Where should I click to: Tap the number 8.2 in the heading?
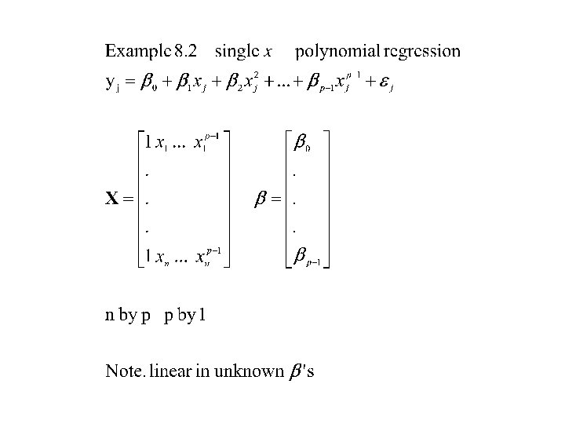tap(187, 53)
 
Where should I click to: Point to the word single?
tap(240, 53)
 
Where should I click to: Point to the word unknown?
tap(253, 371)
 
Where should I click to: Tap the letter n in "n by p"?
tap(110, 316)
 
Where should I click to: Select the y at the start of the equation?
tap(110, 82)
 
